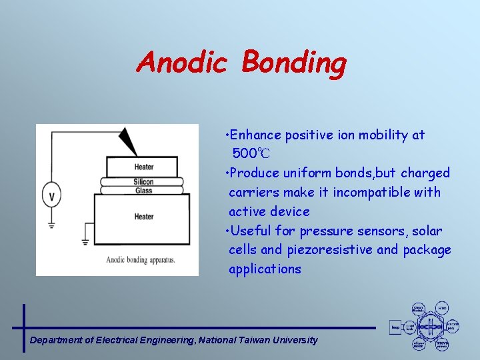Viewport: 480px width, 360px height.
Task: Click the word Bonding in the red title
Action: point(294,64)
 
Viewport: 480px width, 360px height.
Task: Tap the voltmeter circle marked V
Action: point(52,196)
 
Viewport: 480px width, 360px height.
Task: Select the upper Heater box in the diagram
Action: point(143,167)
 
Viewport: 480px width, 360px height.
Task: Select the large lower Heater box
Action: point(143,217)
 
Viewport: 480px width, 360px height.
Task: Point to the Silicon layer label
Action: point(143,181)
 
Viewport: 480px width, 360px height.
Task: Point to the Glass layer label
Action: point(143,191)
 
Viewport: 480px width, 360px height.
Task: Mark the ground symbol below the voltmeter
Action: point(52,225)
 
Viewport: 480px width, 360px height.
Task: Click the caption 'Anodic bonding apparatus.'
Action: point(140,259)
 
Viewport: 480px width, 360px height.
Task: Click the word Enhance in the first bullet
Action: point(257,135)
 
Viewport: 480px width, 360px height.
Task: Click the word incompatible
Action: point(373,193)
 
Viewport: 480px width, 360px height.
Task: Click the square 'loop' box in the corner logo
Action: point(395,327)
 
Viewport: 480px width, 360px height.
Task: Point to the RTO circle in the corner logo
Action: point(442,309)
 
